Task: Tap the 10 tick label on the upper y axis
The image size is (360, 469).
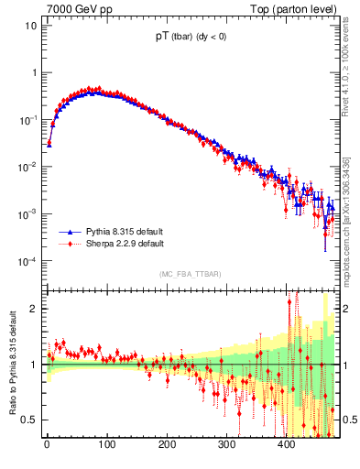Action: point(30,26)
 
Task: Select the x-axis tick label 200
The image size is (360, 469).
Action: point(166,445)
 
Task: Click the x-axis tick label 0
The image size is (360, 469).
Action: point(47,445)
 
